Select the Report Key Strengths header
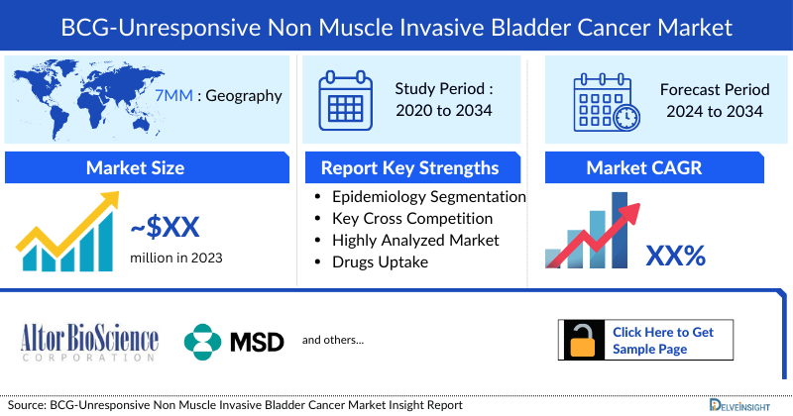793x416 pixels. [409, 167]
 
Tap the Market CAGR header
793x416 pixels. [657, 167]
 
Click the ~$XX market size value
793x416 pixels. [165, 228]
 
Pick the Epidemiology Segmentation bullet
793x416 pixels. [428, 196]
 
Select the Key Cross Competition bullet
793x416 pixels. [412, 218]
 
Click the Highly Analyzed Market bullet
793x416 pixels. [415, 240]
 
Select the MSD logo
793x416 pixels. [234, 341]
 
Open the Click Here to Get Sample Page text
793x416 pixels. [662, 340]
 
